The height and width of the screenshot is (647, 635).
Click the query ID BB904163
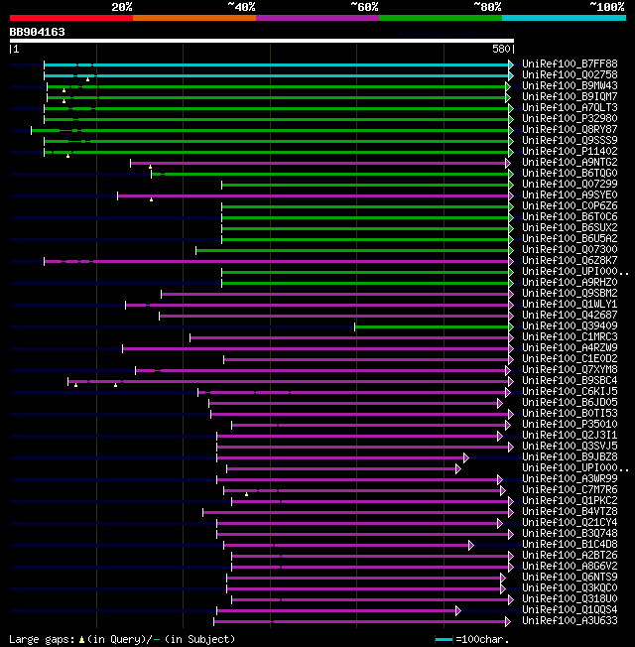(x=38, y=32)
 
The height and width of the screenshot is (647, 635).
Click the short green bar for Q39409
(x=433, y=326)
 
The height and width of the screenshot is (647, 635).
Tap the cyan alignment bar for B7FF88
(x=278, y=65)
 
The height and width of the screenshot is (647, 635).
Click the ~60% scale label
(x=364, y=7)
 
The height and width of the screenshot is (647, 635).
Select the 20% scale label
(x=121, y=7)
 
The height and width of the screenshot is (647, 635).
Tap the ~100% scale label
(x=606, y=7)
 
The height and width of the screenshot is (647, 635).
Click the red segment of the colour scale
(x=70, y=18)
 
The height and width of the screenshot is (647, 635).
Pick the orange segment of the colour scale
(x=193, y=18)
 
